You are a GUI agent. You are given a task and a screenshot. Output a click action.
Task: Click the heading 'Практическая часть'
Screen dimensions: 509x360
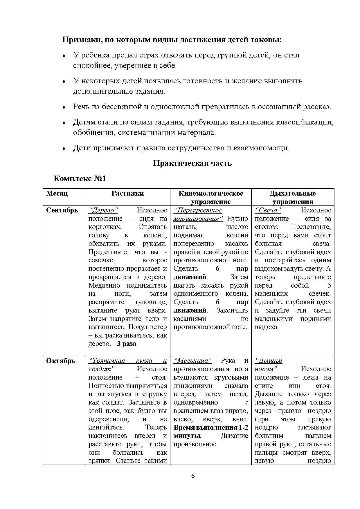(x=192, y=163)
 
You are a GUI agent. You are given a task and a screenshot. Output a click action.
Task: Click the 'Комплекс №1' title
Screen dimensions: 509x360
(x=80, y=178)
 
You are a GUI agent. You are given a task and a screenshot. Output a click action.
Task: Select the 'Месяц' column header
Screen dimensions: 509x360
(x=57, y=193)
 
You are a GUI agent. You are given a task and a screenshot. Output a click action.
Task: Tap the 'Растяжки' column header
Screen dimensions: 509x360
(x=127, y=193)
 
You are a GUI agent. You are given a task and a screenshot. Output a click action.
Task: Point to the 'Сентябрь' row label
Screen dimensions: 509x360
(x=62, y=210)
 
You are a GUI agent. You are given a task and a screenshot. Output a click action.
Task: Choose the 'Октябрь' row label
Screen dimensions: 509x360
(x=61, y=361)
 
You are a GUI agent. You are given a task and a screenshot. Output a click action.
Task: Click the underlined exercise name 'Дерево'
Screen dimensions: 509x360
(x=103, y=210)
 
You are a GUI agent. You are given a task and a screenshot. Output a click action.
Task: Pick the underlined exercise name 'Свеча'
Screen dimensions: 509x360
(x=268, y=210)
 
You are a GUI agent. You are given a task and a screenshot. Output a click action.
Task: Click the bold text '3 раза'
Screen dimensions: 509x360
(x=126, y=344)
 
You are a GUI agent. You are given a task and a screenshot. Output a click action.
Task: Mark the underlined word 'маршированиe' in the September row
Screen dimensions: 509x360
(x=198, y=219)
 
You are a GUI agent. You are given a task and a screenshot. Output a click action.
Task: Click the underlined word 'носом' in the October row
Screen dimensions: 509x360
(x=266, y=369)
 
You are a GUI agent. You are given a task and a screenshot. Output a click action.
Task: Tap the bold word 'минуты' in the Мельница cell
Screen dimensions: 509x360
(x=187, y=436)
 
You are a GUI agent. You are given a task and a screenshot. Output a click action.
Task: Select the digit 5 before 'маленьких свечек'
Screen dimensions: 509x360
(x=329, y=285)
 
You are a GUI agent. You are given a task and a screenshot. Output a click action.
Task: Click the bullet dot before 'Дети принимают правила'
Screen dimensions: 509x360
(x=64, y=149)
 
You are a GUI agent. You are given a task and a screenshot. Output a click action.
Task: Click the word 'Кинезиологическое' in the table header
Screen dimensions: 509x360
(x=210, y=193)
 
